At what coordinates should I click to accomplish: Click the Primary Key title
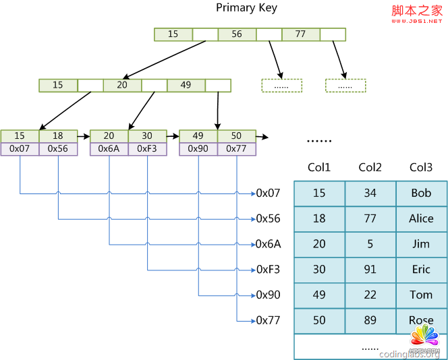pos(246,8)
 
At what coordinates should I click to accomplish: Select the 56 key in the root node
pos(237,34)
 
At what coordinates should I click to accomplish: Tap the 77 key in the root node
pos(300,34)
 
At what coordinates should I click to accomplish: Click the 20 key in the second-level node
pos(122,86)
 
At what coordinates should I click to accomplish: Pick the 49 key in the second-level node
pos(186,86)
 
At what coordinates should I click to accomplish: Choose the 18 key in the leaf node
pos(58,136)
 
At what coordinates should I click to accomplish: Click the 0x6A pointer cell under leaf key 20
pos(109,149)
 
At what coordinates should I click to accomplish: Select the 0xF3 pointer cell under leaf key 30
pos(147,149)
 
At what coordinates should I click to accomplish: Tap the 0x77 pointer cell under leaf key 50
pos(237,149)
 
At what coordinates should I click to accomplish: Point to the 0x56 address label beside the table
pos(268,219)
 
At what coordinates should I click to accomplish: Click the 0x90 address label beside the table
pos(268,295)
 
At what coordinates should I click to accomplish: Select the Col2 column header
pos(370,168)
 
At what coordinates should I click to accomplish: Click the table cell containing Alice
pos(421,218)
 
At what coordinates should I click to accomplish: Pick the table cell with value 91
pos(370,270)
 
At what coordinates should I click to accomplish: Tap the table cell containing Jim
pos(421,244)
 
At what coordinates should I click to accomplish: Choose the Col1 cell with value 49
pos(319,295)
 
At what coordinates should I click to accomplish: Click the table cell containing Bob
pos(421,193)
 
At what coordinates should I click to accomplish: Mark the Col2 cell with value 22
pos(370,295)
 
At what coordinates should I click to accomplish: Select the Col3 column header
pos(421,168)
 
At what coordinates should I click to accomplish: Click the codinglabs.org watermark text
pos(410,354)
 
